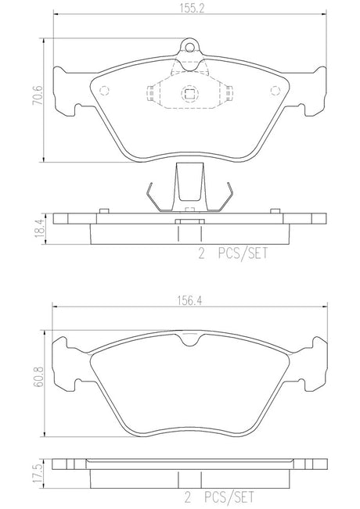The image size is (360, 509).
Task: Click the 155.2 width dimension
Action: pyautogui.click(x=192, y=9)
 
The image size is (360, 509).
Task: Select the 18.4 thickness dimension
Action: pyautogui.click(x=38, y=228)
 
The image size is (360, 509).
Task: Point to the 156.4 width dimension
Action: pyautogui.click(x=189, y=301)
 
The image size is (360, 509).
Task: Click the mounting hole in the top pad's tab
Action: pyautogui.click(x=190, y=48)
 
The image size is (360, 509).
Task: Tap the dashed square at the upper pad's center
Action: pyautogui.click(x=189, y=94)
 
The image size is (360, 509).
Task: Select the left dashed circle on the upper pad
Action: pyautogui.click(x=104, y=91)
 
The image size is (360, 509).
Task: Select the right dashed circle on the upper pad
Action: pyautogui.click(x=275, y=91)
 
